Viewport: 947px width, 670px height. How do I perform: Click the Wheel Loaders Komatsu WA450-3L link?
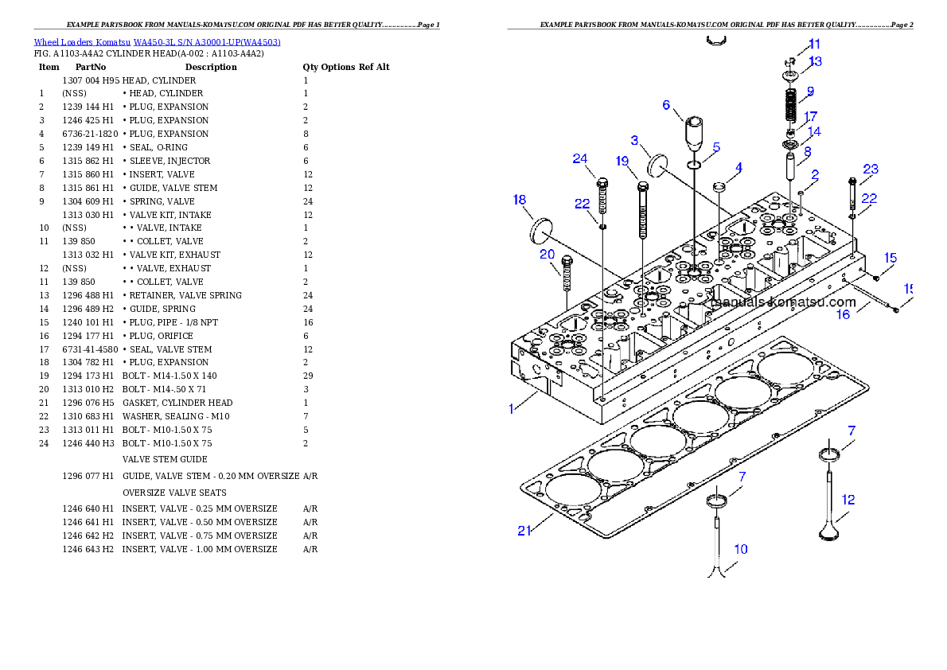(157, 42)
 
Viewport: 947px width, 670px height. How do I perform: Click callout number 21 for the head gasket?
(524, 531)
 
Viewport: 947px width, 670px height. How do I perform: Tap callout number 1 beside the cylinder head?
(512, 409)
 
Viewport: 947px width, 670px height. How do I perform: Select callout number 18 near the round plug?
(520, 200)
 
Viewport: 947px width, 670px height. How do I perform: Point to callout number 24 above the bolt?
(580, 159)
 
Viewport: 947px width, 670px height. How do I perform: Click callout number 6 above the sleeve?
(666, 104)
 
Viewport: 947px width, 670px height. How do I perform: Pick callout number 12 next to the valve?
(848, 500)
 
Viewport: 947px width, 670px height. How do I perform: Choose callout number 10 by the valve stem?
(740, 549)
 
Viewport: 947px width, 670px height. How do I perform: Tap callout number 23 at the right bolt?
(871, 169)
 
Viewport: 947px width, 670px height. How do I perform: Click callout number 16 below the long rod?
(843, 314)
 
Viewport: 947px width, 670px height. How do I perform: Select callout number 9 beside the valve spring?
(809, 91)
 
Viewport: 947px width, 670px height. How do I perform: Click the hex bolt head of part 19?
(643, 188)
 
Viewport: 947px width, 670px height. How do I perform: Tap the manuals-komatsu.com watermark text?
(783, 302)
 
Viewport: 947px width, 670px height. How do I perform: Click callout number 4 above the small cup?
(739, 168)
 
